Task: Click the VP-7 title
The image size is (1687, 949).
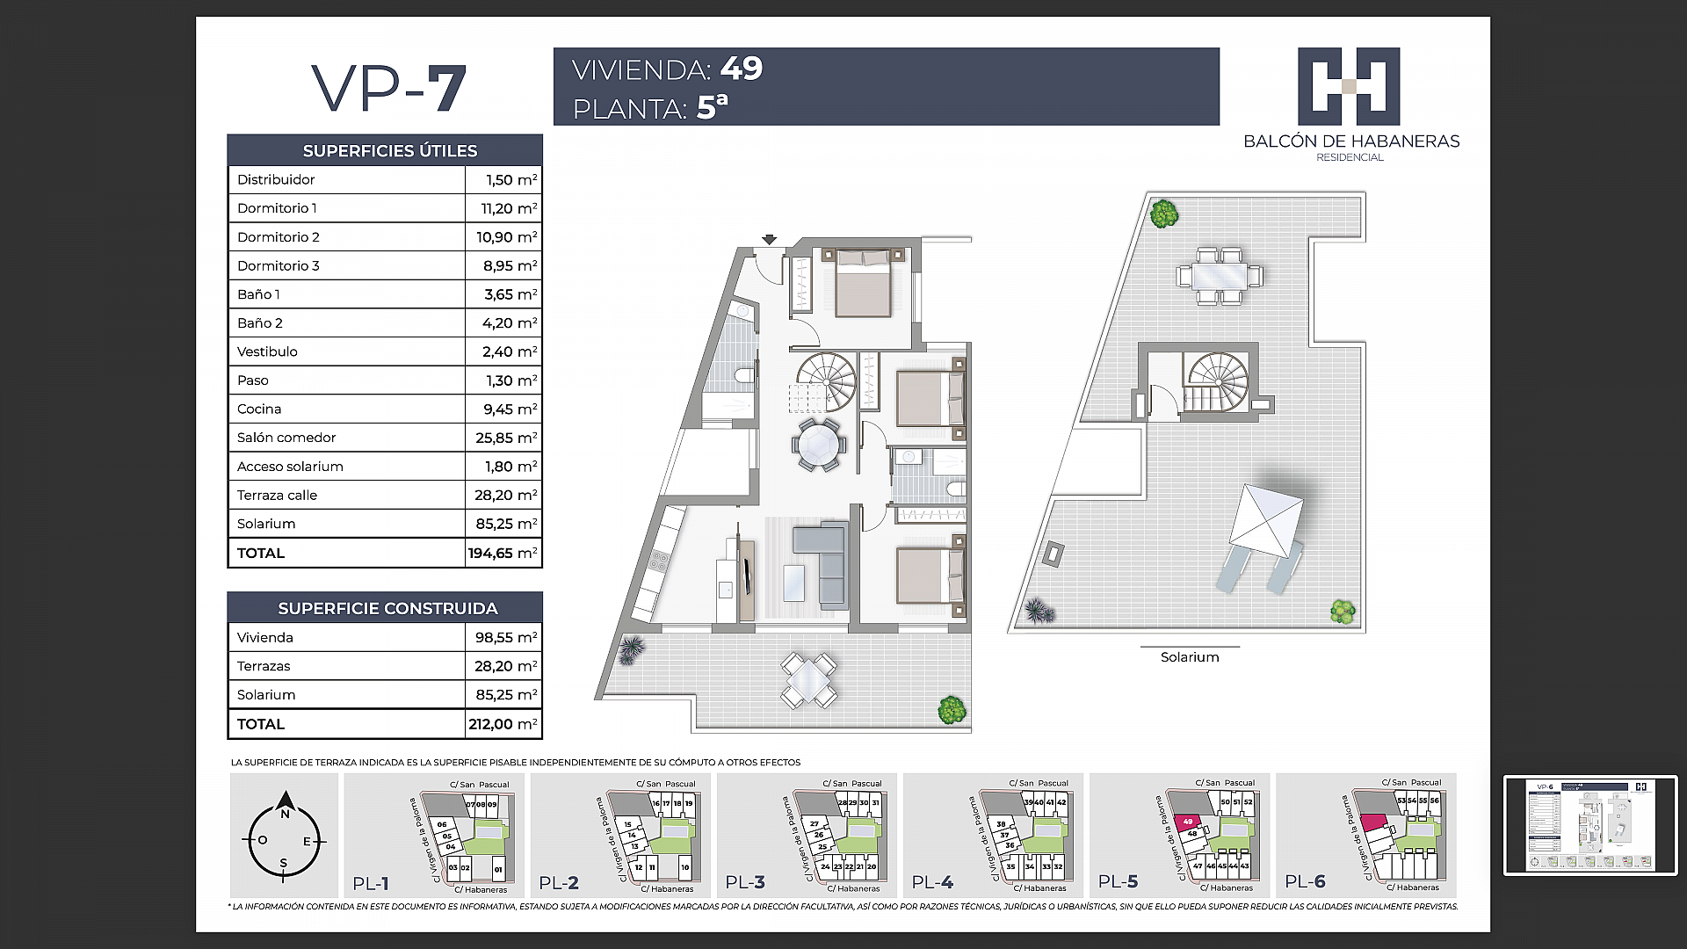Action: coord(388,89)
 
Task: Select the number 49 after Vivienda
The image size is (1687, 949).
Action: coord(742,69)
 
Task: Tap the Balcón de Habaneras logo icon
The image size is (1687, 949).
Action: coord(1349,86)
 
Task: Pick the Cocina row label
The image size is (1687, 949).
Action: coord(259,409)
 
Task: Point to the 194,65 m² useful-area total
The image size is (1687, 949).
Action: coord(503,553)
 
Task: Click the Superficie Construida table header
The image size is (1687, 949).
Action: coord(387,608)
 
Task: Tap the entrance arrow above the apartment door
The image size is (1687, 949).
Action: coord(769,239)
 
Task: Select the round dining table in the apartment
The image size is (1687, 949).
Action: coord(819,445)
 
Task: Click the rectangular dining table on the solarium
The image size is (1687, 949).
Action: coord(1220,276)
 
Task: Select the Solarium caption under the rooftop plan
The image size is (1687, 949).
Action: coord(1190,657)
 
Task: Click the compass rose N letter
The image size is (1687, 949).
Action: coord(285,814)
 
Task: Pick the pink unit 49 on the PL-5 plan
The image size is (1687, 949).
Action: coord(1187,822)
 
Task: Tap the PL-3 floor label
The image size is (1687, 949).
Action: coord(745,882)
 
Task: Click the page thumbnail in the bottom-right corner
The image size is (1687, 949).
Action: coord(1590,825)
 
